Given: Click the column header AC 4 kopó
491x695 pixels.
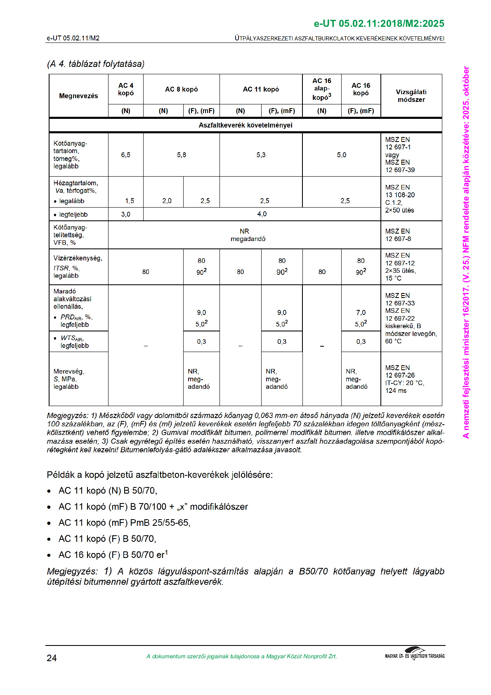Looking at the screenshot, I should pyautogui.click(x=126, y=89).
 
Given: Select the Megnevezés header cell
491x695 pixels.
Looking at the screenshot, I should pyautogui.click(x=78, y=96).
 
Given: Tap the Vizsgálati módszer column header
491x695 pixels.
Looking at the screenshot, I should pyautogui.click(x=411, y=96).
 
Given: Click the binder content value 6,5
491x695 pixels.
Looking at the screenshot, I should pyautogui.click(x=126, y=155).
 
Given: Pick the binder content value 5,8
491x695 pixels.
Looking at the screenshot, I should pyautogui.click(x=182, y=155).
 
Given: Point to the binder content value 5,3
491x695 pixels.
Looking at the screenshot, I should pyautogui.click(x=261, y=155).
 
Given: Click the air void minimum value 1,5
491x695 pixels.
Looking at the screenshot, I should pyautogui.click(x=130, y=201).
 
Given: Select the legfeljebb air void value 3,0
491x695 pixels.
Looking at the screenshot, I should pyautogui.click(x=126, y=214).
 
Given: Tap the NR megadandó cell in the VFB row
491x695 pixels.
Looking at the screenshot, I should pyautogui.click(x=247, y=235).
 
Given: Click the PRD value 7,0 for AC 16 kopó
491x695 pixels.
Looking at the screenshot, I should pyautogui.click(x=361, y=313).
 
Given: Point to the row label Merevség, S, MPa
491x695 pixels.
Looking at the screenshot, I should pyautogui.click(x=69, y=379).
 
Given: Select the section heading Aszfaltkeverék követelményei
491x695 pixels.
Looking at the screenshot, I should pyautogui.click(x=245, y=125).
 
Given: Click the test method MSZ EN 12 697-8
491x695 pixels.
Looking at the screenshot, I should pyautogui.click(x=398, y=235).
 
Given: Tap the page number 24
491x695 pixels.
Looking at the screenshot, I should pyautogui.click(x=52, y=658).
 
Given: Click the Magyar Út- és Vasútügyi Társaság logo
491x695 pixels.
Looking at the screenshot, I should pyautogui.click(x=415, y=654).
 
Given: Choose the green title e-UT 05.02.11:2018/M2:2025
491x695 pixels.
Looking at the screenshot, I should pyautogui.click(x=379, y=24).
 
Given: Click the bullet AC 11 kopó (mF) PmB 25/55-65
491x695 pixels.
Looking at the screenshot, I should pyautogui.click(x=124, y=523).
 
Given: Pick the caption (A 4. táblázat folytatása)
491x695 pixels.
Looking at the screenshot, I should pyautogui.click(x=96, y=64).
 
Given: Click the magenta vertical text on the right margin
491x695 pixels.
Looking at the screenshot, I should pyautogui.click(x=466, y=252).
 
